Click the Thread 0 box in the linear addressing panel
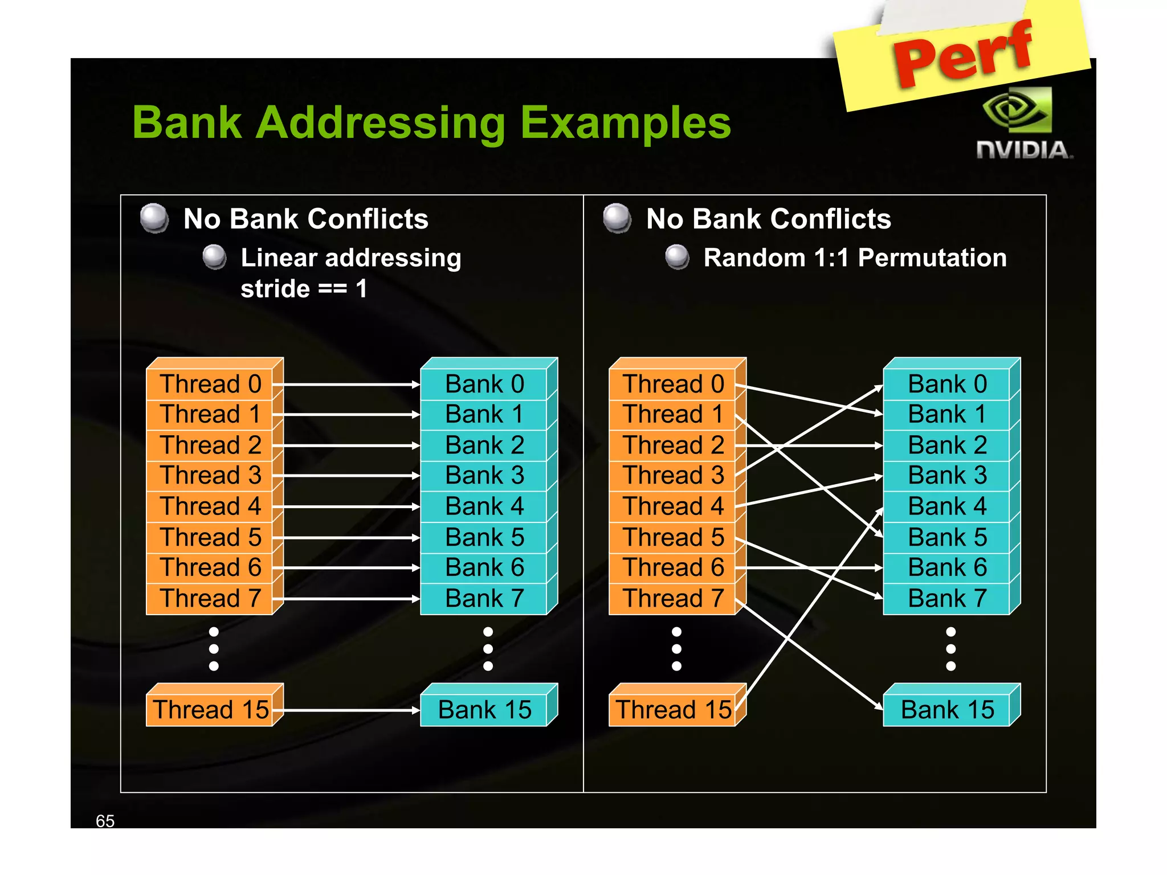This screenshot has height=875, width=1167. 210,384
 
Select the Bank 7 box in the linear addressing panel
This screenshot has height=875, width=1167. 484,599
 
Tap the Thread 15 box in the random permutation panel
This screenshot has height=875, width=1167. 673,710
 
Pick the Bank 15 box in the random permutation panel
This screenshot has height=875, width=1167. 947,710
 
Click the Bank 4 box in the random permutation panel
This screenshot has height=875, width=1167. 947,506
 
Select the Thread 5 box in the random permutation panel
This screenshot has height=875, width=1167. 673,537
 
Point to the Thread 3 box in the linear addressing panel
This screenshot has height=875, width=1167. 210,476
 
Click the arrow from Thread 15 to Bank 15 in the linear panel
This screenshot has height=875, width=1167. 350,710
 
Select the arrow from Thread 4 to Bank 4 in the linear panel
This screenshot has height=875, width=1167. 350,506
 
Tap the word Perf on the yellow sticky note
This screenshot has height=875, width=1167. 963,54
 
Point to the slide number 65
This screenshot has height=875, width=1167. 105,821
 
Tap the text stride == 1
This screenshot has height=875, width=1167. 304,289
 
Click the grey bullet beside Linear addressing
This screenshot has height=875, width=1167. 215,257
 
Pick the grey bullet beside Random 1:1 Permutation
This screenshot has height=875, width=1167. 678,257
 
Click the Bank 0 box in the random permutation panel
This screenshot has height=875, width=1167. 947,384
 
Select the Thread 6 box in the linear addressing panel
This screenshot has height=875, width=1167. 210,568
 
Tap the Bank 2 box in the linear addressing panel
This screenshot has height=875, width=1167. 484,445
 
